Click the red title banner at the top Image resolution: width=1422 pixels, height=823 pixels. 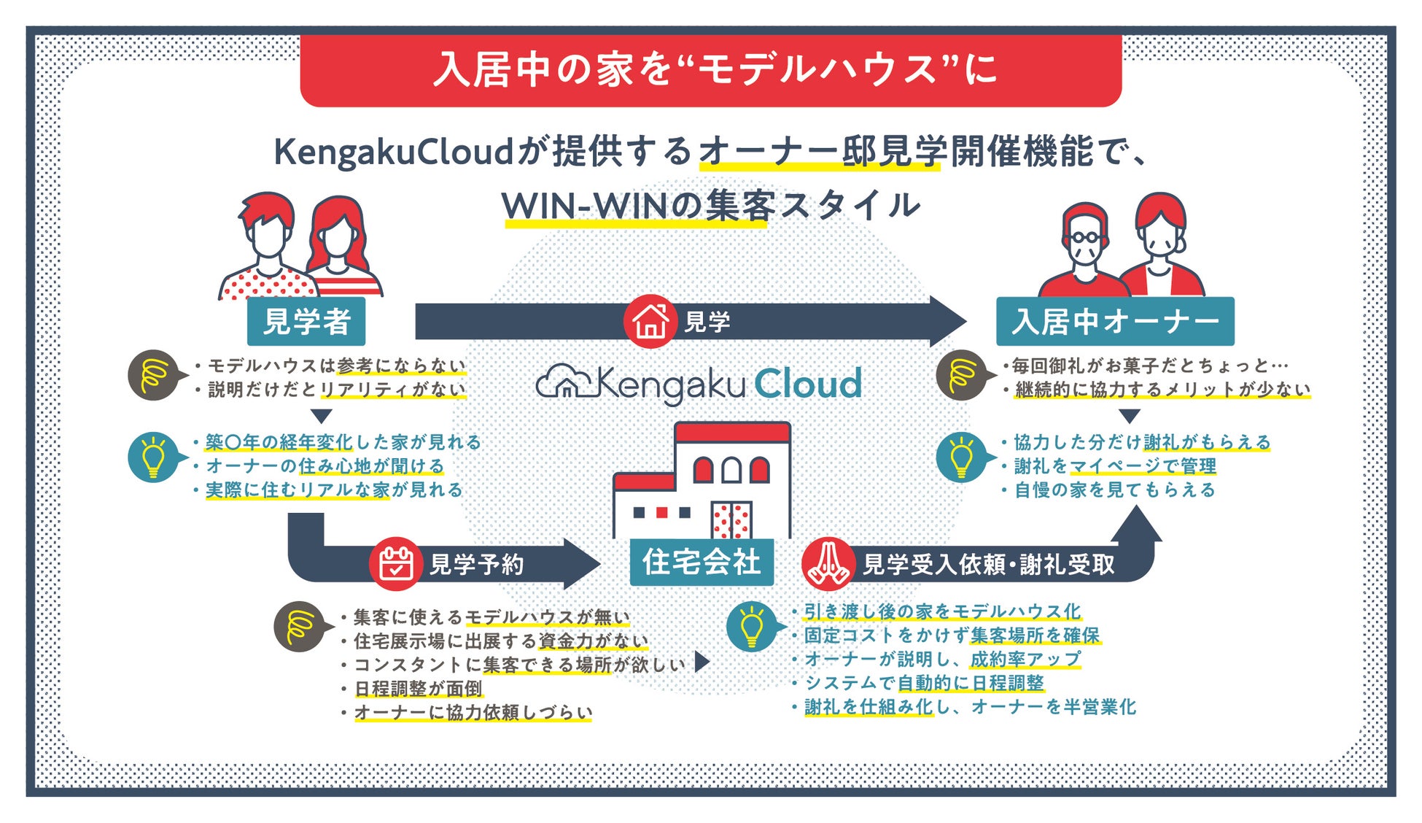[x=710, y=70]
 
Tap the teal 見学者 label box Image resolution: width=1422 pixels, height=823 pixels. [x=306, y=322]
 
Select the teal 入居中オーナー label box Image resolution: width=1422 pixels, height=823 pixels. [x=1115, y=322]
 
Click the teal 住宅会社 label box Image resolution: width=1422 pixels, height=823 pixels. [x=702, y=563]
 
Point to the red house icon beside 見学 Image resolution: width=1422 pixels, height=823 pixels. [x=650, y=321]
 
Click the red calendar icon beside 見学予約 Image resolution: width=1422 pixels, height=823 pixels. [x=395, y=563]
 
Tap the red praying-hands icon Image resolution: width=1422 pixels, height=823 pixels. [x=828, y=563]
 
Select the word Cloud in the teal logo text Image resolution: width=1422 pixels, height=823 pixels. [x=807, y=384]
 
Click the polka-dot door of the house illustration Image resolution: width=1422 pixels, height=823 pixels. [x=731, y=519]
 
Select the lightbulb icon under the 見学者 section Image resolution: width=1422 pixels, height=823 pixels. [x=153, y=457]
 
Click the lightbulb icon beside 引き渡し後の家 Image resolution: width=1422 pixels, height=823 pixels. [x=752, y=626]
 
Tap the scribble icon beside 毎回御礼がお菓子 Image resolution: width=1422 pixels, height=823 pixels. [x=962, y=375]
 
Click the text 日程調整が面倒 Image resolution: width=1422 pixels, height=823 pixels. [x=418, y=689]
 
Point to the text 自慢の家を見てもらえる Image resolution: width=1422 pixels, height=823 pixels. [x=1115, y=490]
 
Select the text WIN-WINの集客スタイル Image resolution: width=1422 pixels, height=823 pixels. [x=710, y=206]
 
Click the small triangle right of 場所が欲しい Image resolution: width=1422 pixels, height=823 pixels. [x=702, y=662]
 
